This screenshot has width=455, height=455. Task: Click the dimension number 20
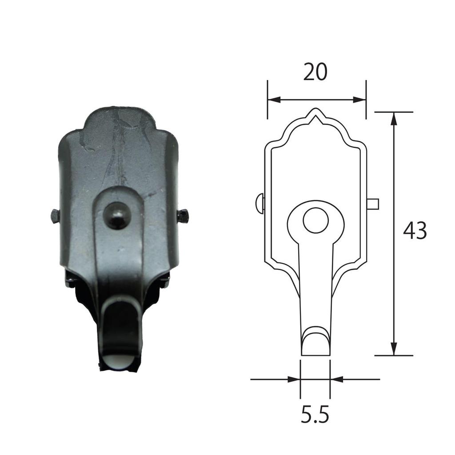[315, 72]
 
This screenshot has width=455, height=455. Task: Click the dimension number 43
[415, 231]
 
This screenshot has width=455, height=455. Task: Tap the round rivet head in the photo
[117, 215]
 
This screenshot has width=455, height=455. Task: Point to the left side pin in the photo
[55, 216]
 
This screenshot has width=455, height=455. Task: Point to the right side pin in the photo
[183, 217]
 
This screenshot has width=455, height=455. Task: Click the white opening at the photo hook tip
[119, 362]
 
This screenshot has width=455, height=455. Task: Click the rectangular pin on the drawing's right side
[373, 204]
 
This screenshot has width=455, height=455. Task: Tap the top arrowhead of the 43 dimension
[394, 118]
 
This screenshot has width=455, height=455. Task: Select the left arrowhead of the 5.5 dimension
[294, 379]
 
